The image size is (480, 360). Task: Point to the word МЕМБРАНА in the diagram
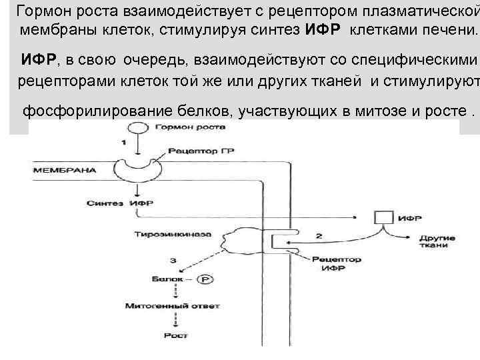pyautogui.click(x=65, y=170)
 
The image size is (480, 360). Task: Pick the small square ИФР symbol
pyautogui.click(x=383, y=217)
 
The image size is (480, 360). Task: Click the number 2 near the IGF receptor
pyautogui.click(x=319, y=235)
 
